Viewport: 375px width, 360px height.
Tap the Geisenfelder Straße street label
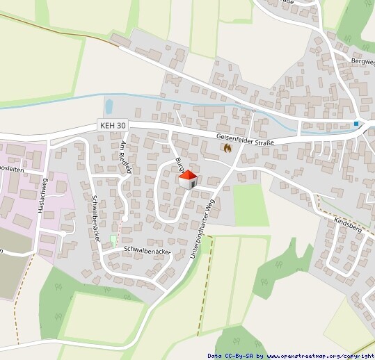click(245, 140)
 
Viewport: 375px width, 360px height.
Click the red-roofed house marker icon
click(188, 180)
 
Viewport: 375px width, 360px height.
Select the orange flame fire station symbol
click(227, 147)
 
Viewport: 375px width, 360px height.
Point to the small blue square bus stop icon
click(356, 124)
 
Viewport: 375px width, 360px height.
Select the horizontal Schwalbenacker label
click(147, 249)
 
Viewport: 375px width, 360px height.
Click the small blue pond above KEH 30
click(109, 106)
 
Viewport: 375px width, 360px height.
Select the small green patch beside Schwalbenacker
click(113, 240)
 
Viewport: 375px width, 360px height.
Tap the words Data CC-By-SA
click(230, 356)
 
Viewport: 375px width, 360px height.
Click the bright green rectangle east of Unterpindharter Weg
click(250, 204)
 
